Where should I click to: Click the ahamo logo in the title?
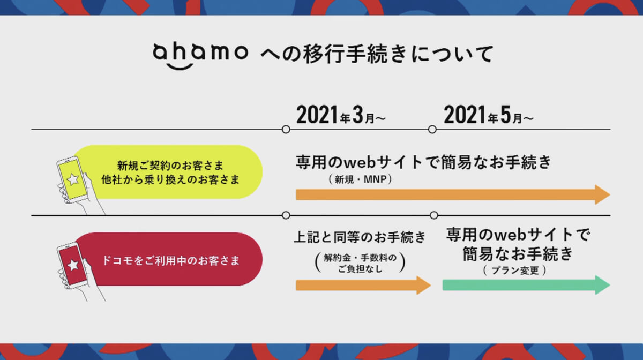click(x=200, y=56)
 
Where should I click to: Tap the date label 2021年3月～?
click(x=341, y=115)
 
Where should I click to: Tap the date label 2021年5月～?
click(x=489, y=115)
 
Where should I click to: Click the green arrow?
click(x=526, y=285)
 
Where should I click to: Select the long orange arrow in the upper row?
click(x=453, y=194)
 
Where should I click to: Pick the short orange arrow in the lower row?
click(x=363, y=286)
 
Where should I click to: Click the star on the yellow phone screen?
click(x=73, y=179)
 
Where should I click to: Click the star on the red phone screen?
click(x=73, y=265)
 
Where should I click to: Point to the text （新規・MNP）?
click(x=360, y=179)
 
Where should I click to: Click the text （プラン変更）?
click(x=515, y=271)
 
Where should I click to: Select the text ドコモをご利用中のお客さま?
click(x=171, y=261)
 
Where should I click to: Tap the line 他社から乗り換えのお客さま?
click(x=170, y=179)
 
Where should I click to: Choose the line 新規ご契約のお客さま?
click(x=170, y=166)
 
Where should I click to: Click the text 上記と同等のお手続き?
click(x=360, y=237)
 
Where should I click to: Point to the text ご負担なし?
click(x=360, y=269)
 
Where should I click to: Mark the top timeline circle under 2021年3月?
click(x=286, y=130)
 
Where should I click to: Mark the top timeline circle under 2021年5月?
click(x=432, y=130)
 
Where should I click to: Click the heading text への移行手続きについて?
click(x=377, y=54)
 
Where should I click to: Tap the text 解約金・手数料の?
click(x=360, y=258)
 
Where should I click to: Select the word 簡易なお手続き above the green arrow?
click(x=518, y=253)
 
